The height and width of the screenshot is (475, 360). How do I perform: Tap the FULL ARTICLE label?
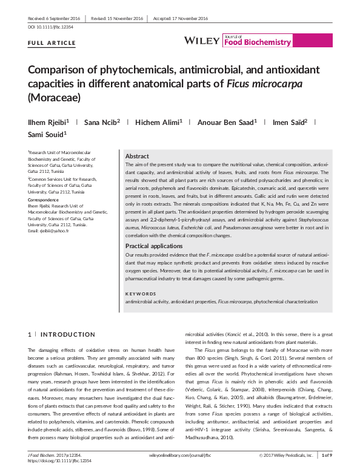52,44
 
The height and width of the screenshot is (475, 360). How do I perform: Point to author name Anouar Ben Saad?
228,123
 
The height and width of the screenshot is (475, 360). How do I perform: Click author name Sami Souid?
47,134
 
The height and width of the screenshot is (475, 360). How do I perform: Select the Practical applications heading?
154,246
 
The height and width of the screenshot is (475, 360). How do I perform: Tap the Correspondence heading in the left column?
45,199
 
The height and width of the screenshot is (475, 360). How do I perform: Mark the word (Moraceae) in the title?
55,96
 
